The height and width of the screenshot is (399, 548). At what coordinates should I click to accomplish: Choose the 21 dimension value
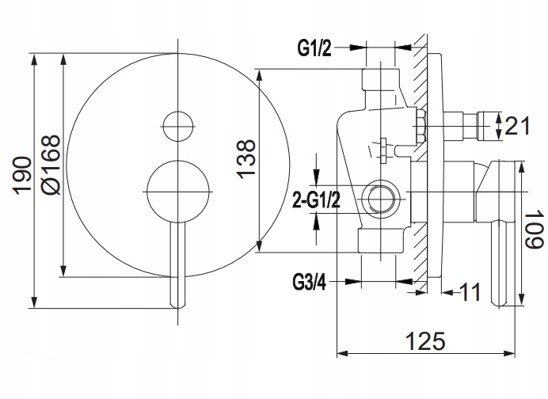(x=516, y=125)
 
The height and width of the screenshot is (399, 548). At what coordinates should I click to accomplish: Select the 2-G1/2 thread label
(x=316, y=199)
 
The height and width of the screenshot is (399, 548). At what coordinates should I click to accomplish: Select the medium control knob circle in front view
(x=177, y=190)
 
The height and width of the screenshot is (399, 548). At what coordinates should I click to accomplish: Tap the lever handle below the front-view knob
(x=177, y=265)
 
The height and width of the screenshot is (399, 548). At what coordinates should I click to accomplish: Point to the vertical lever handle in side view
(x=500, y=265)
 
